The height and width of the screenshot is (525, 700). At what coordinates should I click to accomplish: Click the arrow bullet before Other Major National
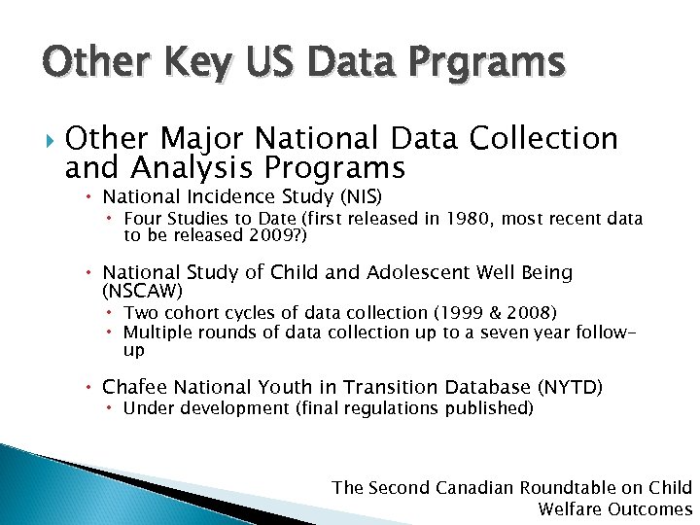coord(40,139)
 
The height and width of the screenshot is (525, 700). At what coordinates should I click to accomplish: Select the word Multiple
coord(156,332)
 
